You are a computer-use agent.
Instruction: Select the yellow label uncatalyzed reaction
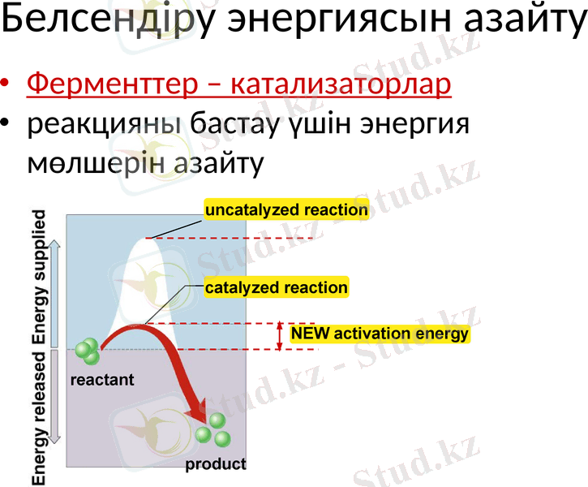tap(286, 210)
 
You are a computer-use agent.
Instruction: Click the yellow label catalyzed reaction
tap(276, 287)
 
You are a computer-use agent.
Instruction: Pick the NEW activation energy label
tap(380, 334)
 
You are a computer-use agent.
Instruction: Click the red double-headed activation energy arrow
tap(280, 336)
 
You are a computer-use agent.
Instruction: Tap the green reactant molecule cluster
tap(87, 351)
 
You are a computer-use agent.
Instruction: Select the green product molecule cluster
tap(212, 429)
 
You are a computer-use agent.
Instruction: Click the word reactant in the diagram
tap(102, 379)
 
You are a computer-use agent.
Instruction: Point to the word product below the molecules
tap(215, 465)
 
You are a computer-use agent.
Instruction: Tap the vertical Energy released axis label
tap(39, 418)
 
